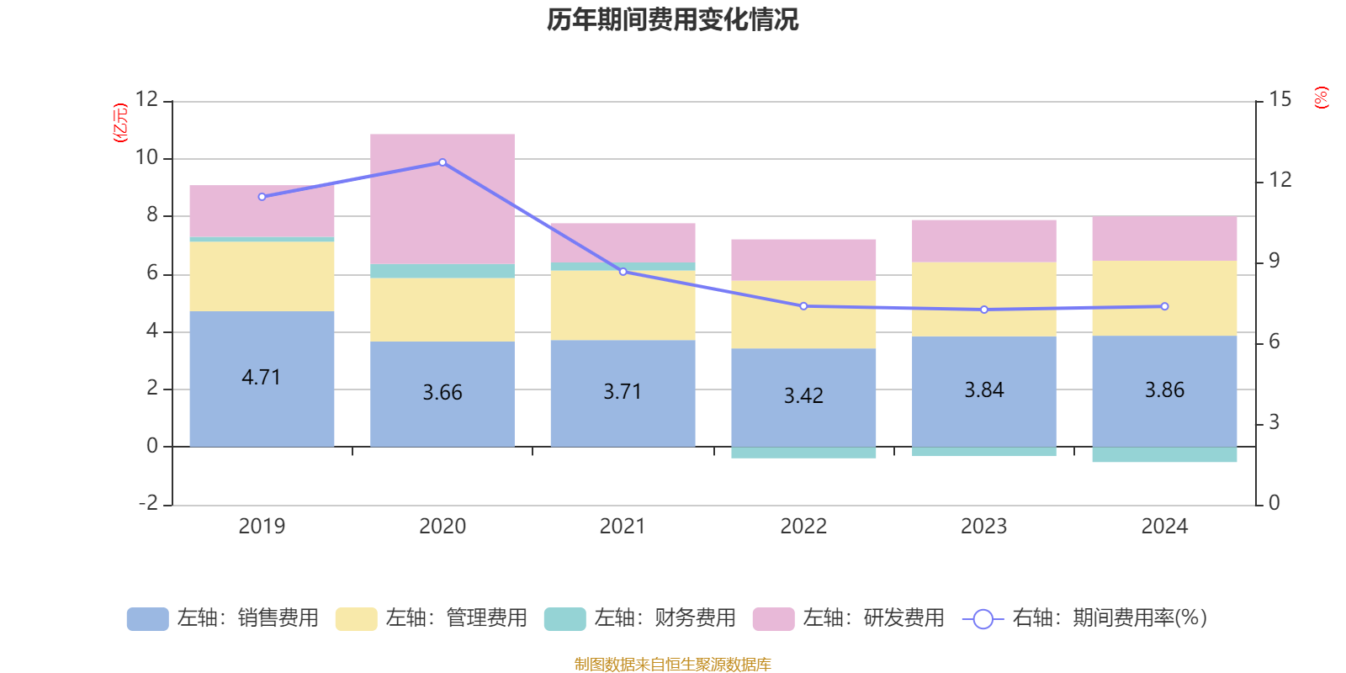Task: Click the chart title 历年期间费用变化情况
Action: point(672,19)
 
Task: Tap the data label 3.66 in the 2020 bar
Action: point(442,393)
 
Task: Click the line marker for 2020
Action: point(442,162)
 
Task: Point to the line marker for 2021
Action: point(623,272)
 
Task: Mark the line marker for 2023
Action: point(984,310)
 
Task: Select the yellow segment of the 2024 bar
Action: point(1164,298)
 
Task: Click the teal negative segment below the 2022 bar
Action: point(803,453)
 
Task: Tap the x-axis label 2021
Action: point(623,527)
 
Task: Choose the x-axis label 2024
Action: point(1164,527)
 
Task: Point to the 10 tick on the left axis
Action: point(147,157)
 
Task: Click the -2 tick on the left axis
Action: point(149,503)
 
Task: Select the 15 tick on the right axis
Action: point(1280,99)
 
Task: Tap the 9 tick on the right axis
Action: point(1274,261)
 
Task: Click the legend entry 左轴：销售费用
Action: point(223,618)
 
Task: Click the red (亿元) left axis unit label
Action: point(120,123)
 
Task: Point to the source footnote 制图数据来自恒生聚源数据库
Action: point(672,665)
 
